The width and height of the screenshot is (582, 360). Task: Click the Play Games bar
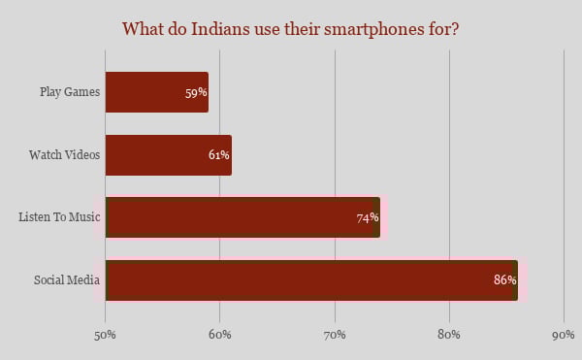click(x=156, y=92)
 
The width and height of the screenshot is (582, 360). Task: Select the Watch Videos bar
click(x=168, y=155)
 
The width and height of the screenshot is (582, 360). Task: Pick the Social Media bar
click(x=311, y=280)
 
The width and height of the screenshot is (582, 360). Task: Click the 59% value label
click(x=197, y=93)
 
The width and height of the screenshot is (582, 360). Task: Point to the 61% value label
click(x=218, y=155)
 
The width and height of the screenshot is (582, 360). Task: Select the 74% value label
click(x=368, y=218)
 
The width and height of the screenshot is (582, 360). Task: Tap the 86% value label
click(x=504, y=280)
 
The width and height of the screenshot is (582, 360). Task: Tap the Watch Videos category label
click(x=60, y=155)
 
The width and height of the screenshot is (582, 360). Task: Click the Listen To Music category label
click(x=53, y=218)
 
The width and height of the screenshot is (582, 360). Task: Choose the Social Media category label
click(x=62, y=280)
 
